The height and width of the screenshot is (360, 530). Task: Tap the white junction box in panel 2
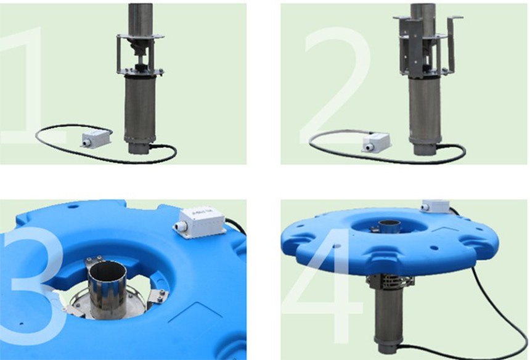click(x=375, y=142)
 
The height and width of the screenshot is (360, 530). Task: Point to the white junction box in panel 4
click(x=436, y=205)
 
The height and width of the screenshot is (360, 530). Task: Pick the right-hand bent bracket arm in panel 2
click(x=453, y=44)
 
